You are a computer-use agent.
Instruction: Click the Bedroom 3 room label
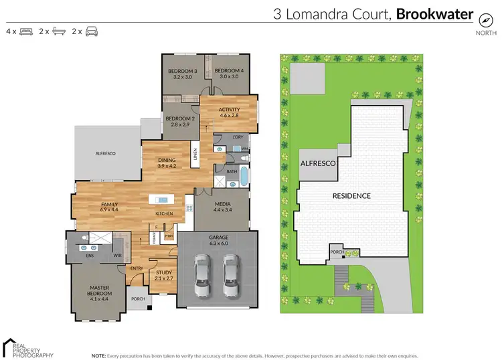[182, 71]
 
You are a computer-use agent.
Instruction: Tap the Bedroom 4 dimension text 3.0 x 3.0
[229, 77]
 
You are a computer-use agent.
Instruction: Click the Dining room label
[167, 159]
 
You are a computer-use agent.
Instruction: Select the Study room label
[163, 272]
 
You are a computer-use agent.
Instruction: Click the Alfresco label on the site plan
[317, 163]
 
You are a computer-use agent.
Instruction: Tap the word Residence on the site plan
[352, 196]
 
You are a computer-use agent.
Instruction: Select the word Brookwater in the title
[435, 13]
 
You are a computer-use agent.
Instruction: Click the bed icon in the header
[26, 31]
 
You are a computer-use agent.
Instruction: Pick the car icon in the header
[92, 31]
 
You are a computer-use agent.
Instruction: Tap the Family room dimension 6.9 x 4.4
[109, 210]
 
